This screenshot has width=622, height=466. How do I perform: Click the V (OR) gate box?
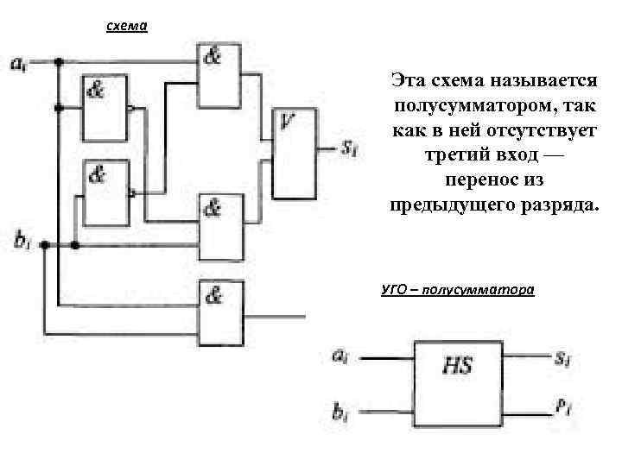pyautogui.click(x=295, y=154)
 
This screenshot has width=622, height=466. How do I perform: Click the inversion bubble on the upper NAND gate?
pyautogui.click(x=130, y=110)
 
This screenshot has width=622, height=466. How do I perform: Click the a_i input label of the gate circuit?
pyautogui.click(x=18, y=62)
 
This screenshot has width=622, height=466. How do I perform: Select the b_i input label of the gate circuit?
pyautogui.click(x=22, y=243)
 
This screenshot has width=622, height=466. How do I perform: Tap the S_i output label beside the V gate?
pyautogui.click(x=349, y=148)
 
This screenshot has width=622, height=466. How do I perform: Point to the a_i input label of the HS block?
pyautogui.click(x=342, y=353)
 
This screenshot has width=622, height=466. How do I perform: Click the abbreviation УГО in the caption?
pyautogui.click(x=395, y=290)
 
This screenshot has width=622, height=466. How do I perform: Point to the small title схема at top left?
pyautogui.click(x=127, y=27)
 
